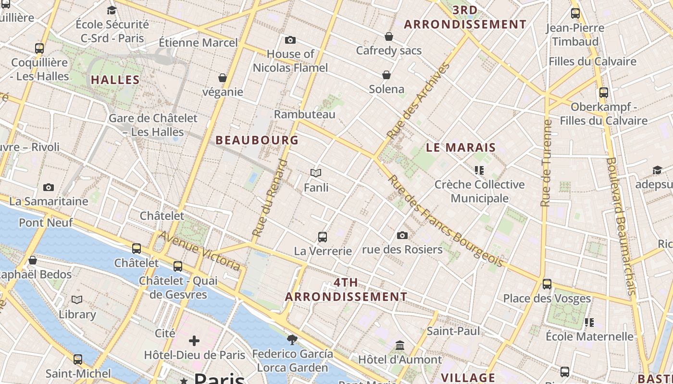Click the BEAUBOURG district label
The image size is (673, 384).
tap(257, 140)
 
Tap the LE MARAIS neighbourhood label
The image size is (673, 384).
tap(461, 147)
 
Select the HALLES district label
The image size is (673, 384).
tap(115, 80)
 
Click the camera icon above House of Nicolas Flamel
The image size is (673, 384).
tap(290, 40)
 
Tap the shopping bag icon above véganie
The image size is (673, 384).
tap(222, 77)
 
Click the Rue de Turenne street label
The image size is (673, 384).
tap(546, 163)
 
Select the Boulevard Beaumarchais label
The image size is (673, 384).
tap(622, 226)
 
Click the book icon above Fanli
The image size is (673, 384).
tap(316, 173)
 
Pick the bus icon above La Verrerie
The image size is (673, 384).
tap(323, 237)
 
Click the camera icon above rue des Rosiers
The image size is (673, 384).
tap(402, 235)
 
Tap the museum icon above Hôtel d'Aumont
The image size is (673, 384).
tap(400, 345)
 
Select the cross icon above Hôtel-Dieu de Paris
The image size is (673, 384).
tap(194, 341)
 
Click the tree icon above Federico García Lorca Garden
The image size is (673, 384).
tap(292, 340)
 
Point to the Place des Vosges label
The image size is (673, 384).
tap(547, 299)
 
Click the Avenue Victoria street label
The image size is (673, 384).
tap(199, 250)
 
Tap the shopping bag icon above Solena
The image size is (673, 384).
tap(386, 75)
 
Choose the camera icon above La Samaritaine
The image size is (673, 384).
tap(48, 187)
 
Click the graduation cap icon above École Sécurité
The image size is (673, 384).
tap(112, 10)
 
